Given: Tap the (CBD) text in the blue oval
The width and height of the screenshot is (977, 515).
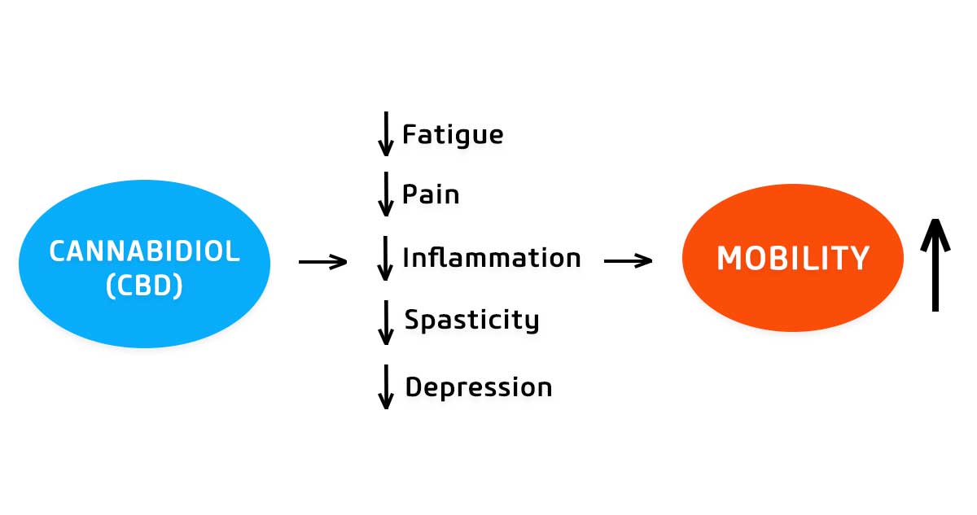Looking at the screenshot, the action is point(144,286).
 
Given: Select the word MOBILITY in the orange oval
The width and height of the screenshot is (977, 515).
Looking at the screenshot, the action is point(793,258).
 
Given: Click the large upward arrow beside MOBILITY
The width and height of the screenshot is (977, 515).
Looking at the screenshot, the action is point(935,265).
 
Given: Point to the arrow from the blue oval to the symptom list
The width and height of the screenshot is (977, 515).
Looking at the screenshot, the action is point(322,262).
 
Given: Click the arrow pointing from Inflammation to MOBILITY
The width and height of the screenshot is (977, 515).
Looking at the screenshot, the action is point(628,261).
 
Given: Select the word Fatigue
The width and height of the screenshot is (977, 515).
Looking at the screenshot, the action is point(453,134).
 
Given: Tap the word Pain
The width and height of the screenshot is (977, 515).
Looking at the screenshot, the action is point(431,194).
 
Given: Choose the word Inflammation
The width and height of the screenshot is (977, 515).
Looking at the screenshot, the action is point(492,257).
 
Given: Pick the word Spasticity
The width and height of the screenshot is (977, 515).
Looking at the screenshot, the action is point(472,321).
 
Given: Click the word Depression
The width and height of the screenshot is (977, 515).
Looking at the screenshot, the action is point(479,387).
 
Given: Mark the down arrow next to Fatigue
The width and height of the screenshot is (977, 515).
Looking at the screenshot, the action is point(386,133).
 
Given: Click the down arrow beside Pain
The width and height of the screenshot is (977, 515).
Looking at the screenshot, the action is point(386,194).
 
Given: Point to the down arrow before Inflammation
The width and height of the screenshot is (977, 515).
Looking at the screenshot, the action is point(384,259).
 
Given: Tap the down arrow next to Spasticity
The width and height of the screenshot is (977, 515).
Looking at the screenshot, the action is point(386,322).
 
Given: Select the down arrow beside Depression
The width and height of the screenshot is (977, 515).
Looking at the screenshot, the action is point(386,387).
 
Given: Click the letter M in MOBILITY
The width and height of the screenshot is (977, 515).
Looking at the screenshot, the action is point(729,258).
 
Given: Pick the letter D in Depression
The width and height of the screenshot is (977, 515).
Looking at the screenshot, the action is point(414,386).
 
